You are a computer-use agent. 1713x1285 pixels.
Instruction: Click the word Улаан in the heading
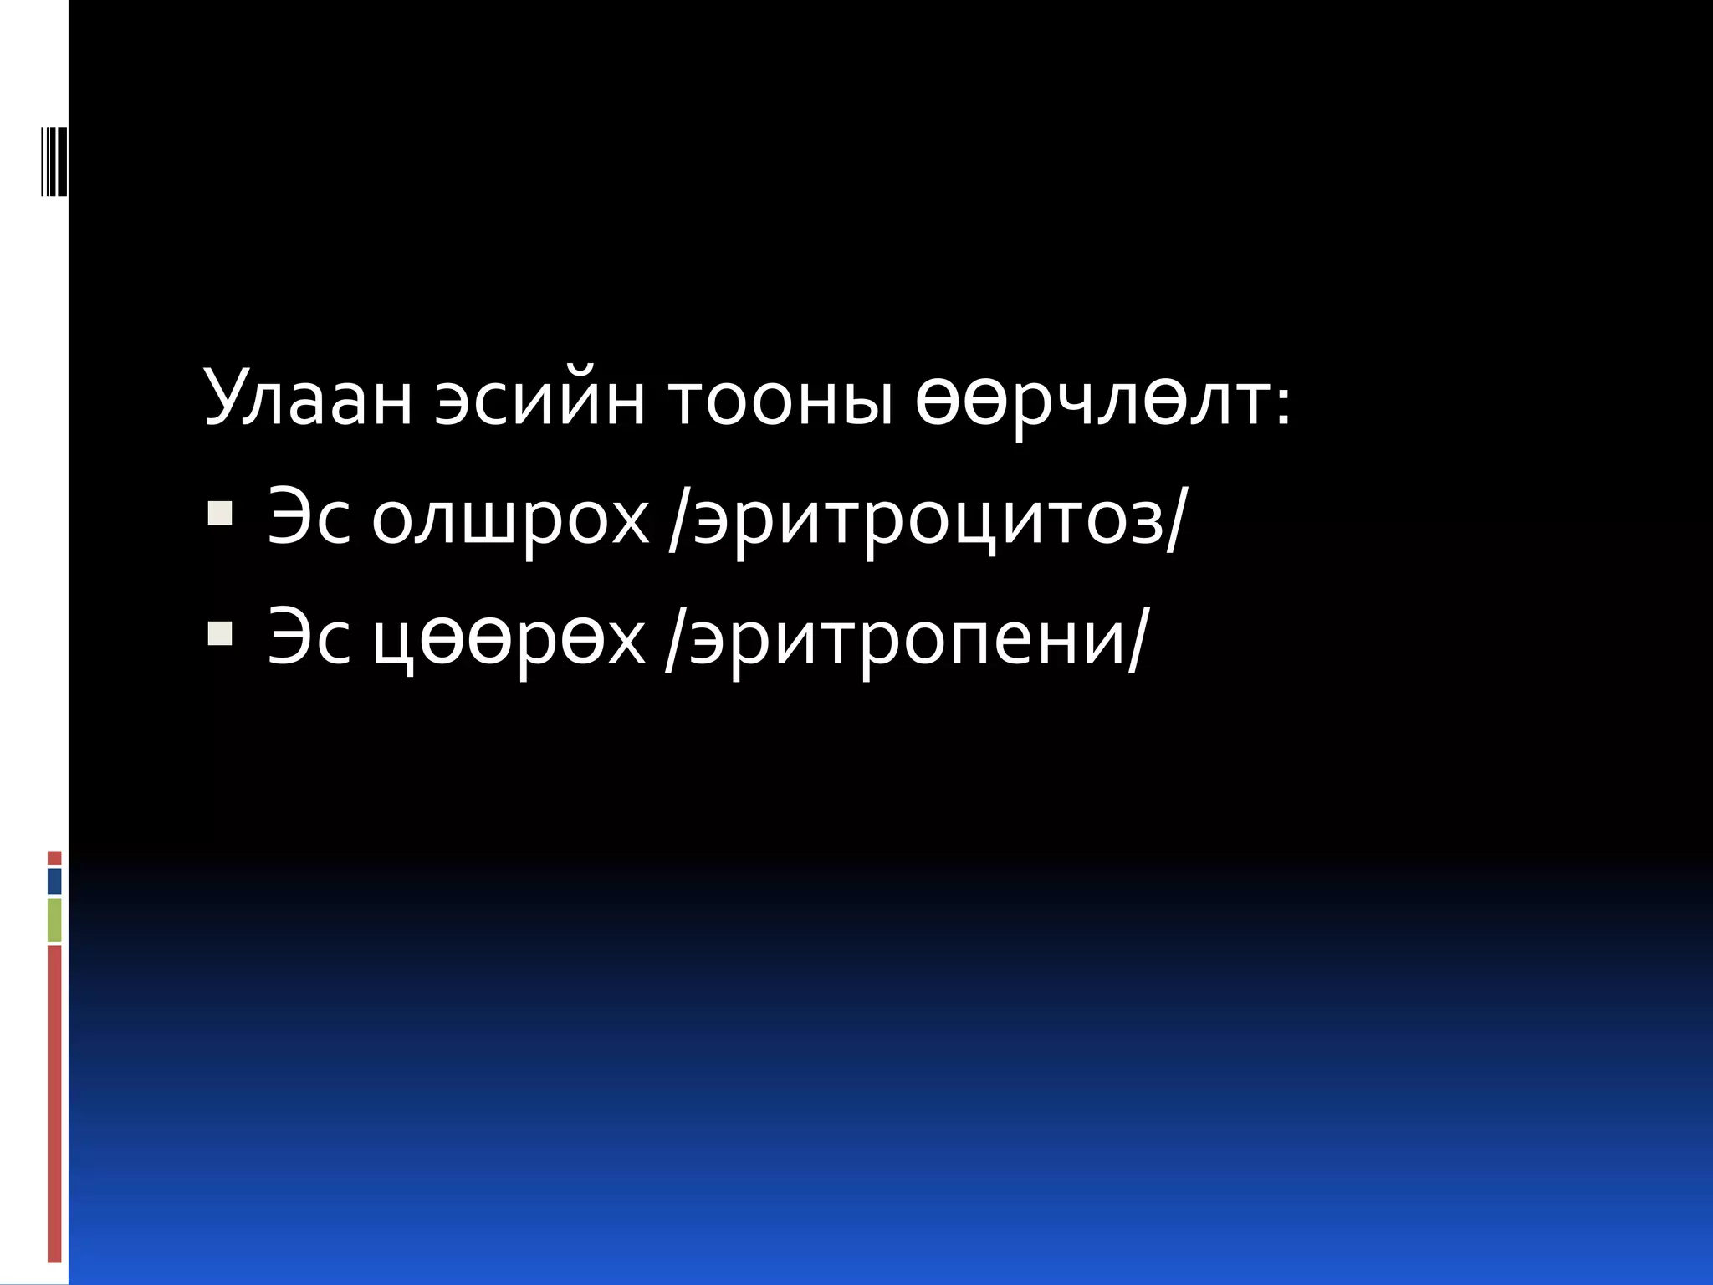click(x=308, y=397)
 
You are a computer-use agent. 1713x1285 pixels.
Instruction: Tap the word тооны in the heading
click(x=781, y=399)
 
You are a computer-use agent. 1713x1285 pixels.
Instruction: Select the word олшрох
click(x=510, y=520)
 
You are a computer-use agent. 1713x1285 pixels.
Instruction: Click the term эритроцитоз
click(x=928, y=520)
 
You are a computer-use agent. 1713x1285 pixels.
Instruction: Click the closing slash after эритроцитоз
click(x=1176, y=520)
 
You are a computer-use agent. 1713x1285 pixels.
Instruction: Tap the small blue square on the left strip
click(x=54, y=882)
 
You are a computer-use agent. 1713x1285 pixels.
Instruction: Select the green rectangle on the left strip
click(x=54, y=920)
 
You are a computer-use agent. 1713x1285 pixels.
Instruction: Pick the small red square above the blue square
click(x=54, y=858)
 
